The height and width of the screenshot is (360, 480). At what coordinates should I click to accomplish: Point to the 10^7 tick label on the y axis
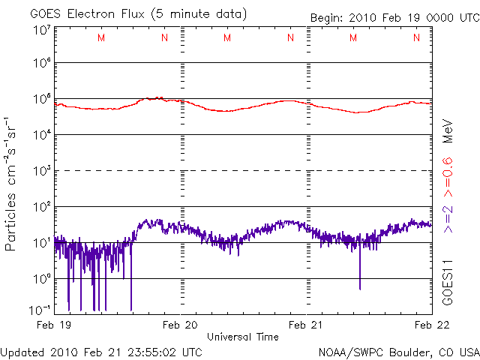click(x=41, y=29)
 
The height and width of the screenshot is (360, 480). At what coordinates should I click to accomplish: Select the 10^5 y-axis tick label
click(x=41, y=99)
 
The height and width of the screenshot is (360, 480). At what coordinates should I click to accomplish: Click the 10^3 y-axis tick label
click(x=41, y=171)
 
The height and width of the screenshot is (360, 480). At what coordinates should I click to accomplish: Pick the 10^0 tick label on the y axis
click(x=41, y=279)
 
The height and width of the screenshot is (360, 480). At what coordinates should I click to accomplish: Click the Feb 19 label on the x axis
click(x=54, y=324)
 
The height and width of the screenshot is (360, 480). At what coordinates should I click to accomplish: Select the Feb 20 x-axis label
click(x=181, y=324)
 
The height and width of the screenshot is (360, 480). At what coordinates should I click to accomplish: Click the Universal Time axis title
click(x=242, y=337)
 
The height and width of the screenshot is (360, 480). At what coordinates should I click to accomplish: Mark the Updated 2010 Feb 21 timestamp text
click(x=101, y=351)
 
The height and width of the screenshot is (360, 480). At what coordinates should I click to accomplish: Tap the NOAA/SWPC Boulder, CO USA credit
click(x=397, y=352)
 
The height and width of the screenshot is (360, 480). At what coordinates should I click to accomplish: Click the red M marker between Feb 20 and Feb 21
click(x=227, y=37)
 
